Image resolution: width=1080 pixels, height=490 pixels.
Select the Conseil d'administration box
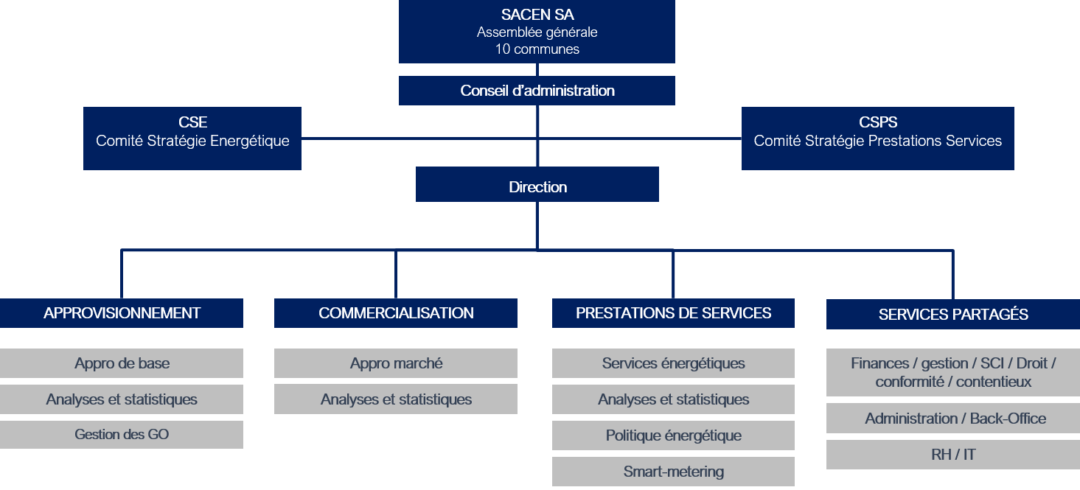537,91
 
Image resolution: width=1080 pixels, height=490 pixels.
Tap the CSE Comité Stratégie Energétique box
192,139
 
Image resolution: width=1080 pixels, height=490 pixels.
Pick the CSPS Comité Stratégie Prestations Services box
877,139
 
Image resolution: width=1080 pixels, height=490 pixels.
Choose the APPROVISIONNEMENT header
122,313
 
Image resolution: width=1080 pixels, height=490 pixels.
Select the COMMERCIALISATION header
396,313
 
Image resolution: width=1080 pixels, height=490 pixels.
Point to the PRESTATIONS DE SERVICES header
673,313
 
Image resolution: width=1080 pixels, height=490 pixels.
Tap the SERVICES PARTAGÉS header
953,315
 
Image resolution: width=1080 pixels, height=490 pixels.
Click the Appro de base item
122,363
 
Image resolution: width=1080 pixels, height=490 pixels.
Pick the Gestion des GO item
122,435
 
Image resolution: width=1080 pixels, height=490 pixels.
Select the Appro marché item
396,363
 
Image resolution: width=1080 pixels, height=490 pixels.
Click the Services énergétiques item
673,363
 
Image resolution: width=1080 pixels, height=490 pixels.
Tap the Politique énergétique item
673,435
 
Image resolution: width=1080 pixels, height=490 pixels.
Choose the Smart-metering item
673,472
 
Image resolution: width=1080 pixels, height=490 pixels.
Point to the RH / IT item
953,455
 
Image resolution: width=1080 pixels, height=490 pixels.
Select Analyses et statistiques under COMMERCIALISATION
396,399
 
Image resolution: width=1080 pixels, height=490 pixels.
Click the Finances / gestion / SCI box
953,372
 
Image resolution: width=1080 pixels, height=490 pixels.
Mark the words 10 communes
537,49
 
